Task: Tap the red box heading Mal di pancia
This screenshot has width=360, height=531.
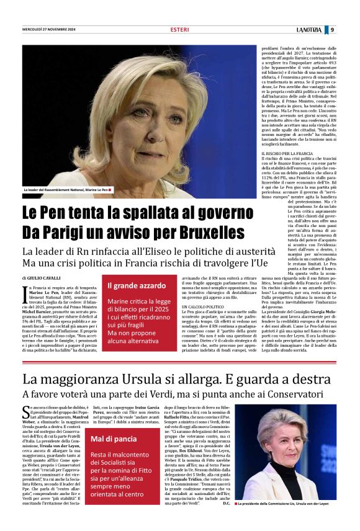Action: pos(114,439)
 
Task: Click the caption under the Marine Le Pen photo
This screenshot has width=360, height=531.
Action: pos(67,189)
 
